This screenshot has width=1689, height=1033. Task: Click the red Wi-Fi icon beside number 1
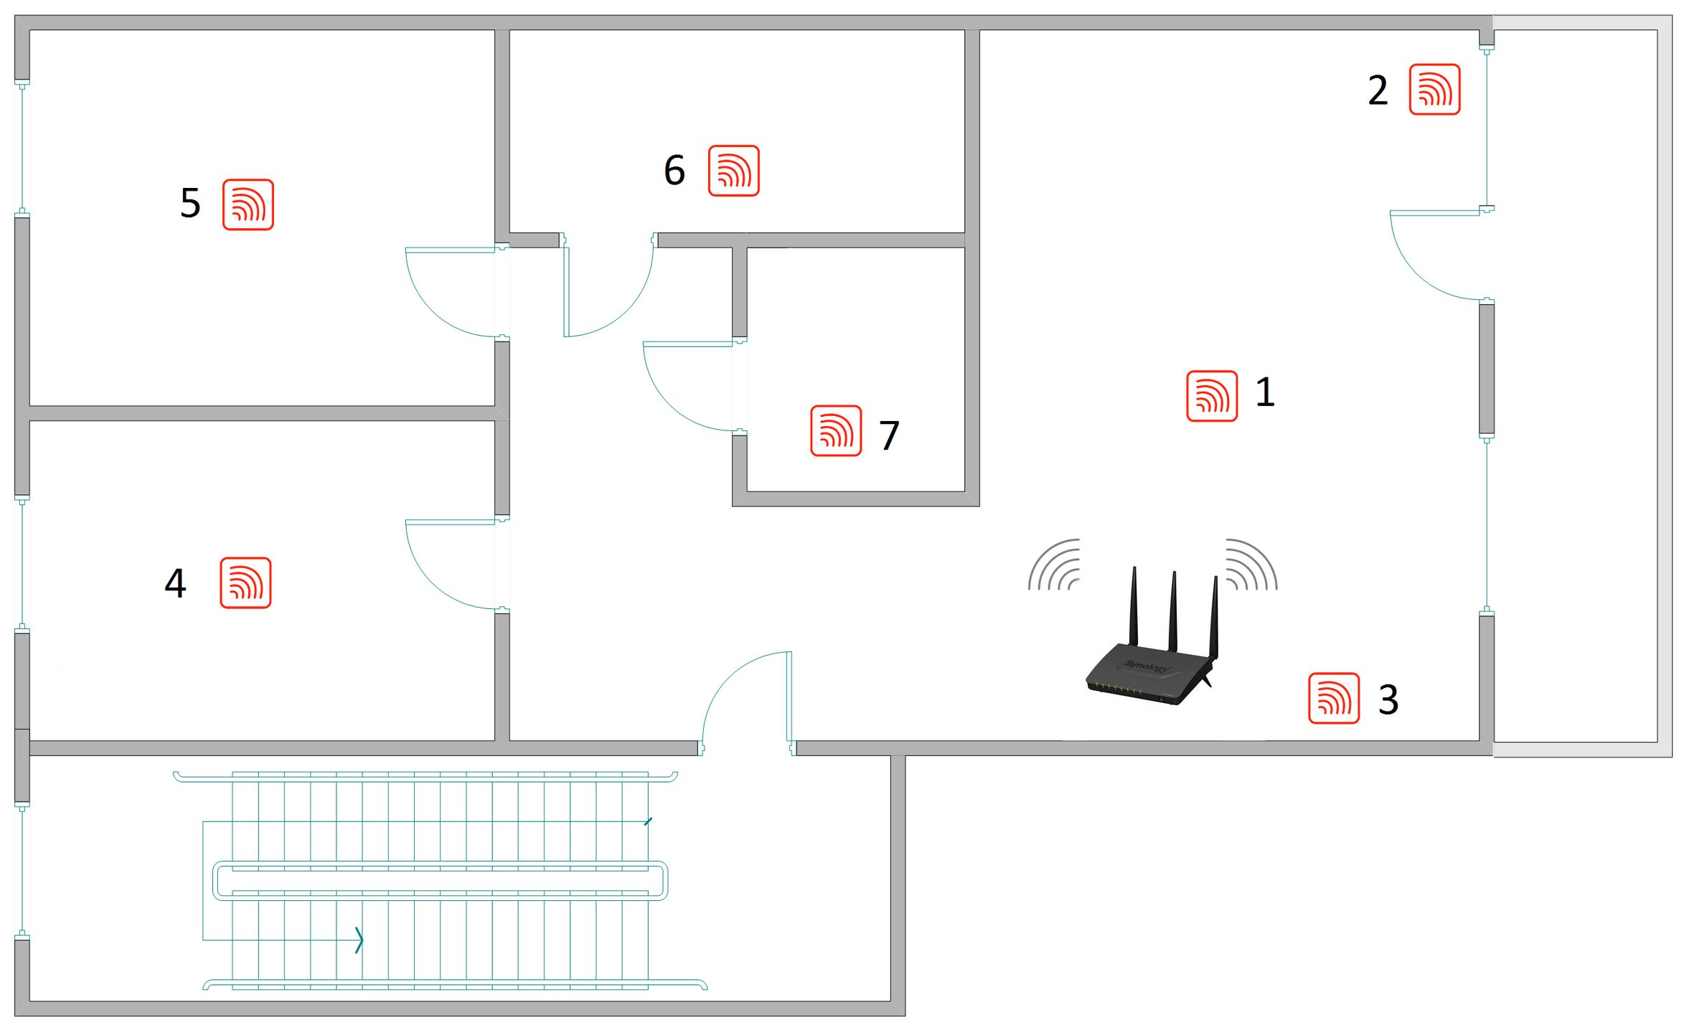pyautogui.click(x=1211, y=396)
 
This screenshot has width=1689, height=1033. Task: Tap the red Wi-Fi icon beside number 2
pyautogui.click(x=1434, y=89)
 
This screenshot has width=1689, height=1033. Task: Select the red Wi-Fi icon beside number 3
pyautogui.click(x=1333, y=698)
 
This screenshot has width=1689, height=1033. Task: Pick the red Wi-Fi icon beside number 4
pyautogui.click(x=245, y=582)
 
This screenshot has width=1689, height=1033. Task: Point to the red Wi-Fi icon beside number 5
pyautogui.click(x=248, y=204)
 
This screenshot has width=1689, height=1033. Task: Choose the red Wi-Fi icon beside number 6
pyautogui.click(x=733, y=171)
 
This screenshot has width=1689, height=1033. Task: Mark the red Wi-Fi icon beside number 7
pyautogui.click(x=836, y=430)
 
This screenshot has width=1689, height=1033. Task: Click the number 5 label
pyautogui.click(x=190, y=203)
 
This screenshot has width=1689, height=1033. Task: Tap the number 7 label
pyautogui.click(x=889, y=435)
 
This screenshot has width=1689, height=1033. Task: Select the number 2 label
pyautogui.click(x=1378, y=90)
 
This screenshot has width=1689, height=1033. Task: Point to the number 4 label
pyautogui.click(x=175, y=582)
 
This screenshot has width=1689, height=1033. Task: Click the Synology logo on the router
pyautogui.click(x=1147, y=666)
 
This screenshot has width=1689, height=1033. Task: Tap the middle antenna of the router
pyautogui.click(x=1173, y=611)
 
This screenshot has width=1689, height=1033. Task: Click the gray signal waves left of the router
pyautogui.click(x=1053, y=564)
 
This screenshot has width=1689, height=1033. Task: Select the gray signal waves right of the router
pyautogui.click(x=1251, y=564)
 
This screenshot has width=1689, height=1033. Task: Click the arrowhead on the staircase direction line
pyautogui.click(x=359, y=940)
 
